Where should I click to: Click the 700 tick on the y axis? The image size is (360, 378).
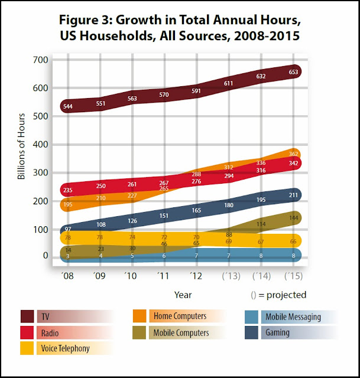40,60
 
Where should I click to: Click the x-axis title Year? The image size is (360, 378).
181,294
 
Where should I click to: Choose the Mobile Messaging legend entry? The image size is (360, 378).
293,317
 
